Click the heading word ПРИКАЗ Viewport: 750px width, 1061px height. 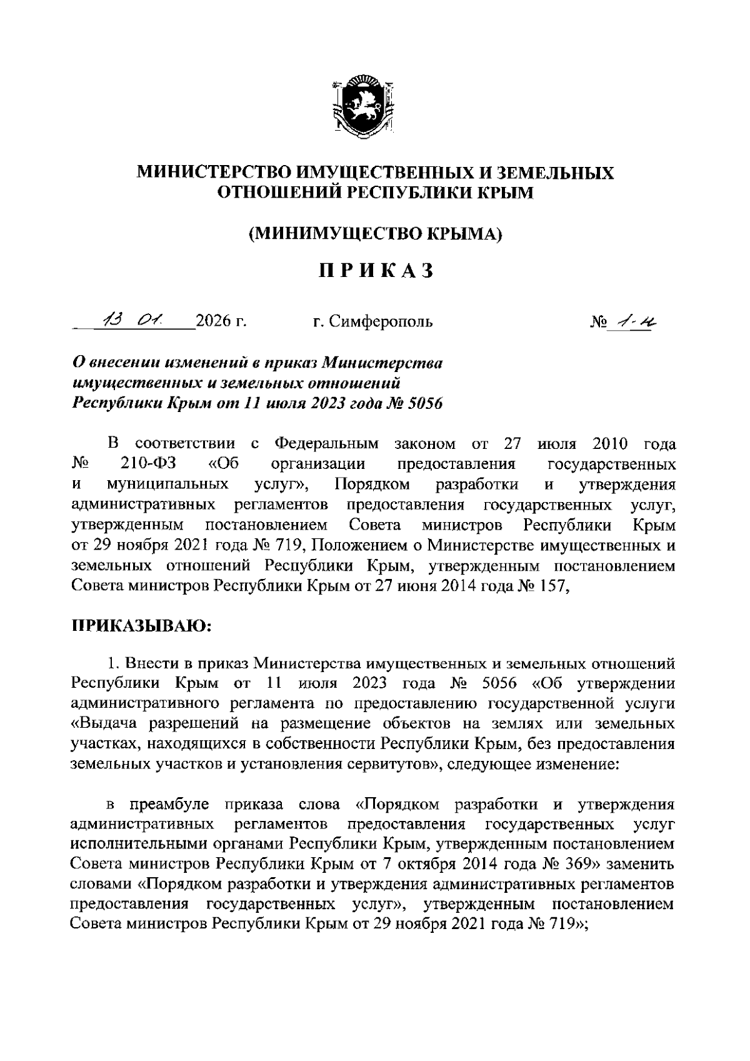pos(375,271)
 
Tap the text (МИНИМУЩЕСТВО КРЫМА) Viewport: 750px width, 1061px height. pos(375,234)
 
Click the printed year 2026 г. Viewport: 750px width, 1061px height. pos(221,322)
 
